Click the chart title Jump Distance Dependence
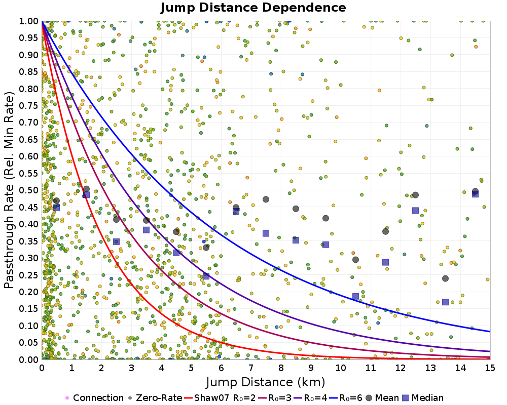point(253,8)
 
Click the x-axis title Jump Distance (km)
point(266,381)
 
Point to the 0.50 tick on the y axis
point(30,190)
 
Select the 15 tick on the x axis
point(490,368)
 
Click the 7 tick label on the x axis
point(250,368)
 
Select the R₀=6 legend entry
point(347,398)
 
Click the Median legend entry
point(425,398)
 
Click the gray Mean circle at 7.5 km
point(266,199)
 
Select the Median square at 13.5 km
point(445,302)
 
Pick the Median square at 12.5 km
point(415,211)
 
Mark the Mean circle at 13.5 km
point(445,278)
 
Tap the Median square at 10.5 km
point(355,297)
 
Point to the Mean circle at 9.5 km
point(325,218)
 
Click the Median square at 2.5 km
point(116,242)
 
